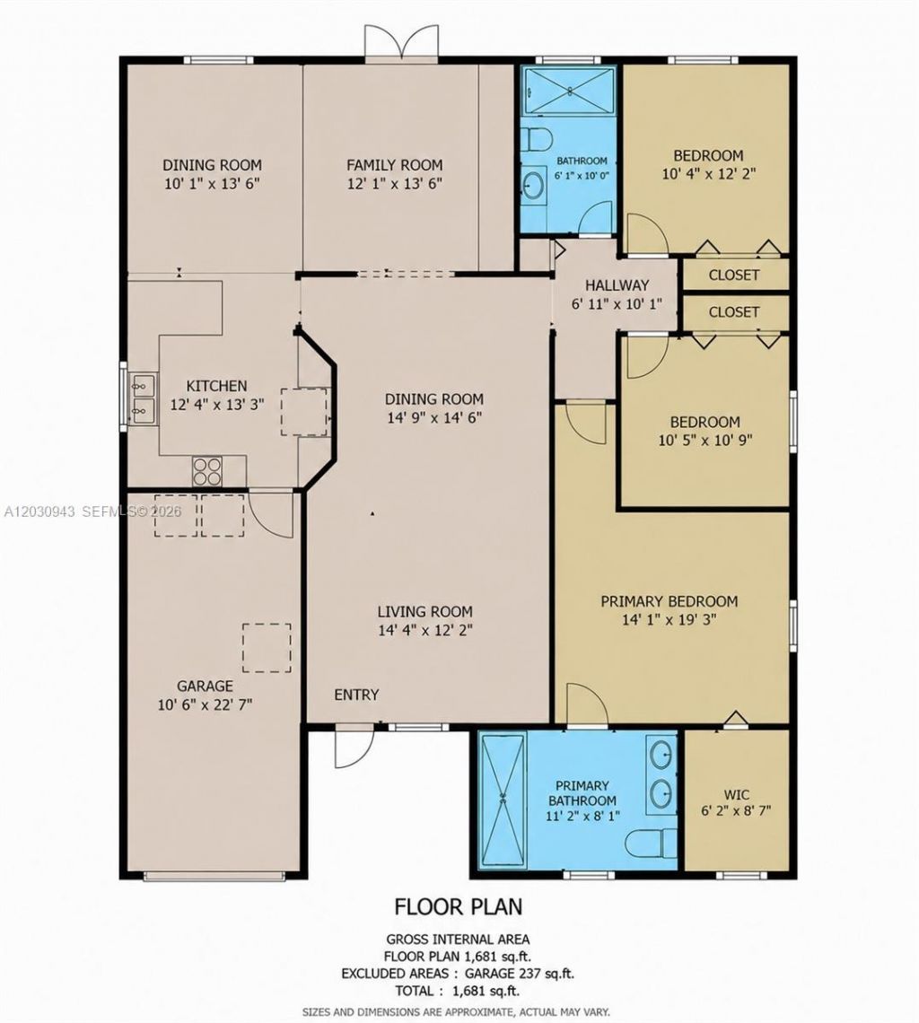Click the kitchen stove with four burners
coord(207,471)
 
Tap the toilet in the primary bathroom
coord(652,844)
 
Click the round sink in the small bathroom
coord(533,185)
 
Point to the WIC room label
coord(736,795)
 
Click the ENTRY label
coord(356,695)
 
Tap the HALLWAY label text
coord(617,285)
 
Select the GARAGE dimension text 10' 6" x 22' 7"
coord(205,704)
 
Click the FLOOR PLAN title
coord(459,906)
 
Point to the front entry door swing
coord(354,748)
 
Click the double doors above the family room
coord(401,43)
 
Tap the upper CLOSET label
coord(734,275)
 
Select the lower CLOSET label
coord(734,312)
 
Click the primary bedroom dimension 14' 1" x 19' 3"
coord(670,619)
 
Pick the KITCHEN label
coord(216,386)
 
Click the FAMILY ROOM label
coord(394,165)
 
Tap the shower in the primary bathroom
coord(503,800)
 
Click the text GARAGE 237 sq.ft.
coord(520,974)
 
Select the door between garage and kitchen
coord(270,514)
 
